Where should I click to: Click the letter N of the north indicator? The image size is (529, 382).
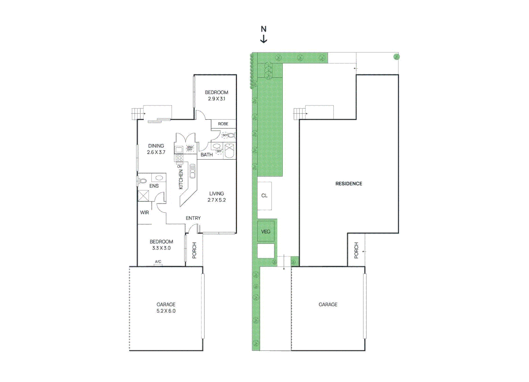click(x=263, y=29)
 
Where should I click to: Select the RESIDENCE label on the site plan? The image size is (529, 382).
click(x=349, y=184)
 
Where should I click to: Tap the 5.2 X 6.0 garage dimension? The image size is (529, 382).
click(x=166, y=311)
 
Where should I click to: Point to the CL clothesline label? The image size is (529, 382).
click(x=264, y=196)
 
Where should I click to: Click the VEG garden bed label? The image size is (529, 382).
click(x=266, y=232)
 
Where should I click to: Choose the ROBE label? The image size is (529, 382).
click(x=223, y=124)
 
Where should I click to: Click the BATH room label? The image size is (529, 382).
click(x=206, y=155)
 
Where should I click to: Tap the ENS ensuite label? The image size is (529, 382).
click(x=154, y=186)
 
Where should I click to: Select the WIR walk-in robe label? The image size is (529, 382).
click(x=144, y=213)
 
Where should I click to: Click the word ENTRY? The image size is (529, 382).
click(x=193, y=218)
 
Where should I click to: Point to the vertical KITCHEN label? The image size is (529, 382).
click(x=181, y=179)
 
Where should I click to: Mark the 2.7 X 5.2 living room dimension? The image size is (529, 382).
click(x=216, y=200)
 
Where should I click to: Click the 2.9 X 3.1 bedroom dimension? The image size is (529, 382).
click(x=216, y=99)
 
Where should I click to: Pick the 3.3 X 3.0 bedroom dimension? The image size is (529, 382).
click(x=161, y=248)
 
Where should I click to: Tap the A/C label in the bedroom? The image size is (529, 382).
click(x=158, y=262)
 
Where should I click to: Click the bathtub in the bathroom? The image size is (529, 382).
click(x=229, y=151)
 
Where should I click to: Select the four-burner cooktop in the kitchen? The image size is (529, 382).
click(x=180, y=158)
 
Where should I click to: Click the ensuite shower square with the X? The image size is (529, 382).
click(x=143, y=196)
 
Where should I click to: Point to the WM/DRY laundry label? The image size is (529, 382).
click(x=190, y=148)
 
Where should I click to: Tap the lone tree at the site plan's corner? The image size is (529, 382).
click(x=396, y=57)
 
